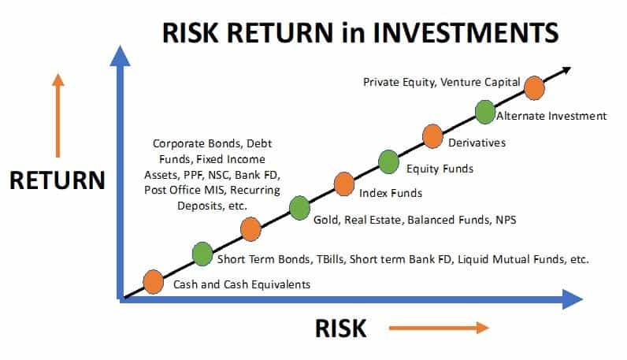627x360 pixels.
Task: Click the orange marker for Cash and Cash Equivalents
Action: click(153, 281)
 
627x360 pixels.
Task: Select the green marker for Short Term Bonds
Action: click(202, 254)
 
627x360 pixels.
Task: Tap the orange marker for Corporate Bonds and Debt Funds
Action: click(250, 229)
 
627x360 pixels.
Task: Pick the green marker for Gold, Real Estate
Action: click(299, 208)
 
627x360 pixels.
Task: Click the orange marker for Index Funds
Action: click(344, 184)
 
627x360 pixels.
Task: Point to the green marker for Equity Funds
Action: click(388, 161)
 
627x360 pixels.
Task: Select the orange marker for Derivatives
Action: click(432, 135)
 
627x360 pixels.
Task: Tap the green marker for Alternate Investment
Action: click(484, 111)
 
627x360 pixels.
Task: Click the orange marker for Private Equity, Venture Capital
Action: click(534, 87)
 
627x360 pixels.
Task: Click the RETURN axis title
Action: click(57, 180)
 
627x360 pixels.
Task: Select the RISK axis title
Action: click(340, 328)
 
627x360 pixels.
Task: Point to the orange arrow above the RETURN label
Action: click(57, 114)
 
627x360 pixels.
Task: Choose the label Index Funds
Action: click(390, 193)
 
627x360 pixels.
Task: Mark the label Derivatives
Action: click(477, 143)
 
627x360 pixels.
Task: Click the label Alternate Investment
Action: click(551, 117)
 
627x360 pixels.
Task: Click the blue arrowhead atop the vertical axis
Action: click(120, 56)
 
